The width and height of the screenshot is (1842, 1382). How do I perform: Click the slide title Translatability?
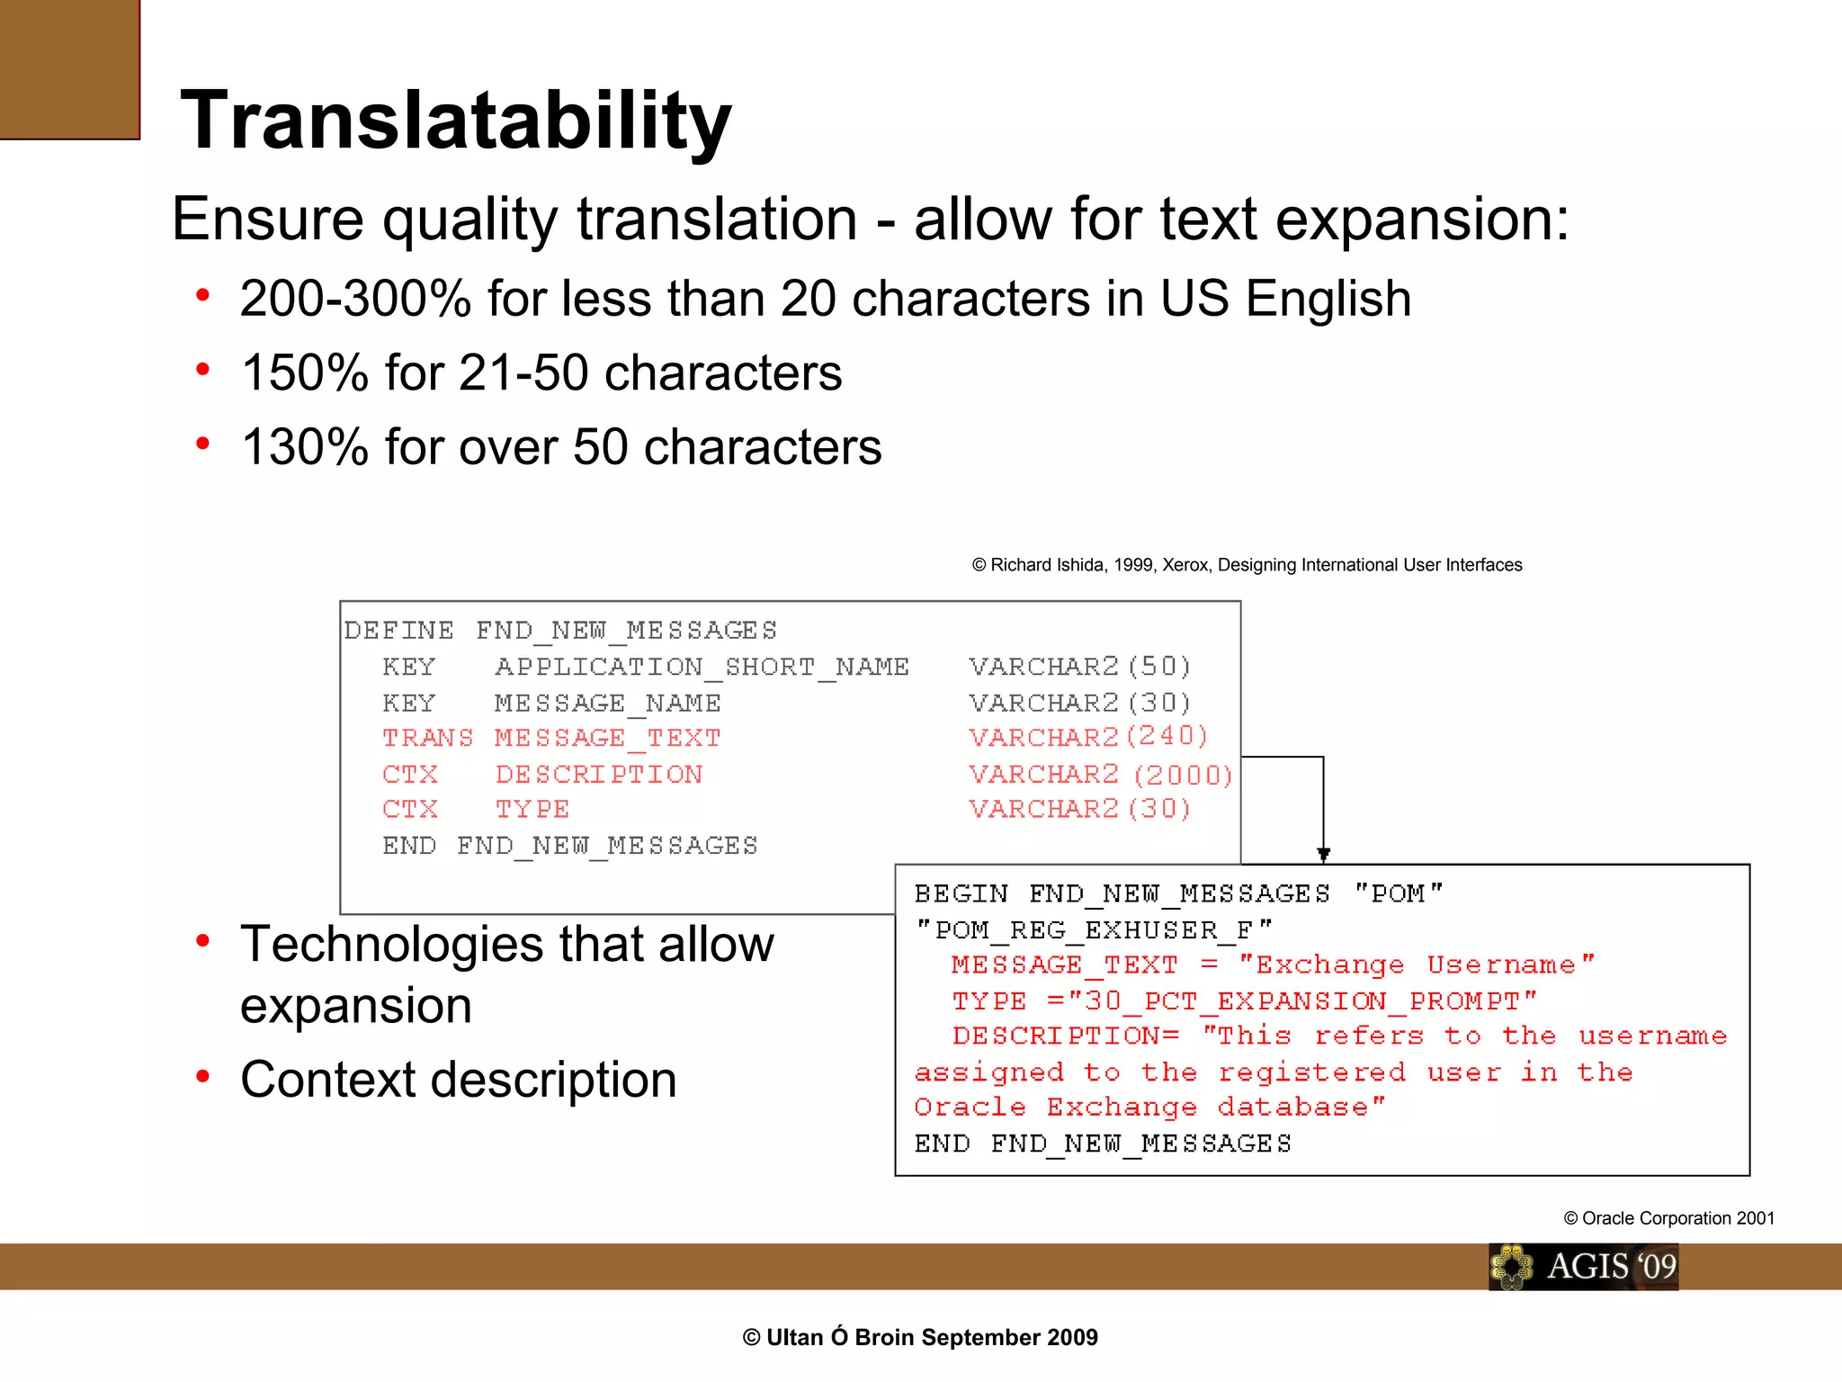pos(455,121)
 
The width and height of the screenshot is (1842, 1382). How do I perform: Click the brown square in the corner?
pos(69,68)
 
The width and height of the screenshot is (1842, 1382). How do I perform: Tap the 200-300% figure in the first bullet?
pos(355,299)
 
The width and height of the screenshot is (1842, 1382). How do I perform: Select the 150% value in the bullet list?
pos(305,373)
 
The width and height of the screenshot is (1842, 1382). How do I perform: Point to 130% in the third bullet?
pos(305,447)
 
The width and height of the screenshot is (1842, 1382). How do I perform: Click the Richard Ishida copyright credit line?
pos(1247,565)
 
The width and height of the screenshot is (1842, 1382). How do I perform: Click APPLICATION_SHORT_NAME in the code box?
pos(702,667)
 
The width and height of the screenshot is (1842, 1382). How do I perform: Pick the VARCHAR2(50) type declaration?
pos(1079,667)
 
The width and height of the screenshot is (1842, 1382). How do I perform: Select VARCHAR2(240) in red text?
pos(1087,737)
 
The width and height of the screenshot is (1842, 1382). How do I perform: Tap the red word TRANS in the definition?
pos(427,738)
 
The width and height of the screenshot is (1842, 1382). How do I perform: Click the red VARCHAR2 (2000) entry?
pos(1099,775)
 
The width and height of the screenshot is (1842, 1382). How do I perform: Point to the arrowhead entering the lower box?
pos(1323,854)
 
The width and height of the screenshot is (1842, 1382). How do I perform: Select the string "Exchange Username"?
pos(1416,965)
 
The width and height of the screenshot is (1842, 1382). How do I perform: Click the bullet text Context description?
pos(458,1080)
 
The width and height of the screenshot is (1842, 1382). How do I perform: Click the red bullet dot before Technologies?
pos(203,941)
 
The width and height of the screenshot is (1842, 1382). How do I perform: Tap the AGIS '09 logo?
pos(1583,1267)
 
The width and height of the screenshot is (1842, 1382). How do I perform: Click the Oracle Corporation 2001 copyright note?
pos(1668,1218)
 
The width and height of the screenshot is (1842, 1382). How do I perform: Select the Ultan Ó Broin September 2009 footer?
pos(920,1338)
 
